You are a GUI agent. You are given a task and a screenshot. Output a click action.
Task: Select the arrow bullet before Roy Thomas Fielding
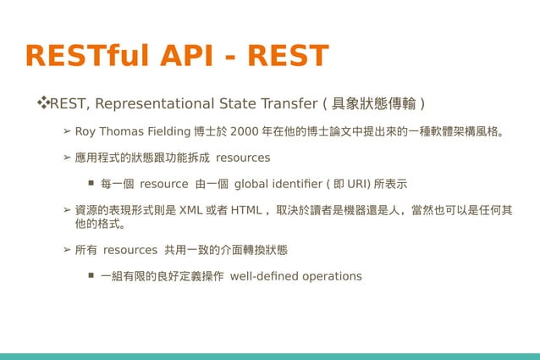(67, 132)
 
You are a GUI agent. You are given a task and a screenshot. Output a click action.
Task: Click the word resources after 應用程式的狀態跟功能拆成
(243, 158)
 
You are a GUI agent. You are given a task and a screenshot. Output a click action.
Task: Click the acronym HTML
(245, 210)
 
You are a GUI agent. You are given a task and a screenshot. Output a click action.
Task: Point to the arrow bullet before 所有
(67, 251)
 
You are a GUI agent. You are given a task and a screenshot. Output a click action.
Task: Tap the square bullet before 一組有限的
(90, 276)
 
